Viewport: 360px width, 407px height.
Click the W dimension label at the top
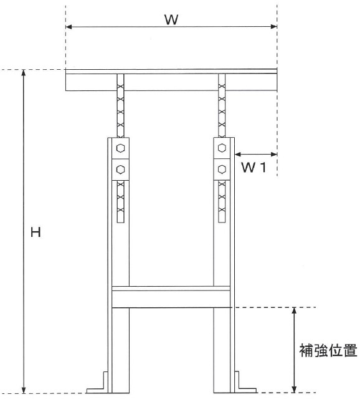(x=171, y=20)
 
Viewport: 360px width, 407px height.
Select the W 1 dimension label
(x=253, y=168)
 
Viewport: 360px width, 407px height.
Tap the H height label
(x=36, y=232)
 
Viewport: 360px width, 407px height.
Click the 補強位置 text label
(x=328, y=350)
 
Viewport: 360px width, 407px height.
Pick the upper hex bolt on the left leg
(x=120, y=148)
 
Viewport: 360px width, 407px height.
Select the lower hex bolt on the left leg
(x=120, y=170)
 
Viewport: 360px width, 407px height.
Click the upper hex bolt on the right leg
(x=222, y=148)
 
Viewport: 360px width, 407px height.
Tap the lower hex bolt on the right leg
(x=222, y=170)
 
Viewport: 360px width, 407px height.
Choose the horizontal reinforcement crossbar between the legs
(x=171, y=297)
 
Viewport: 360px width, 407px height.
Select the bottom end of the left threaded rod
(x=121, y=222)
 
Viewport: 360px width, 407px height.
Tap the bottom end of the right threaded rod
(x=222, y=222)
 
